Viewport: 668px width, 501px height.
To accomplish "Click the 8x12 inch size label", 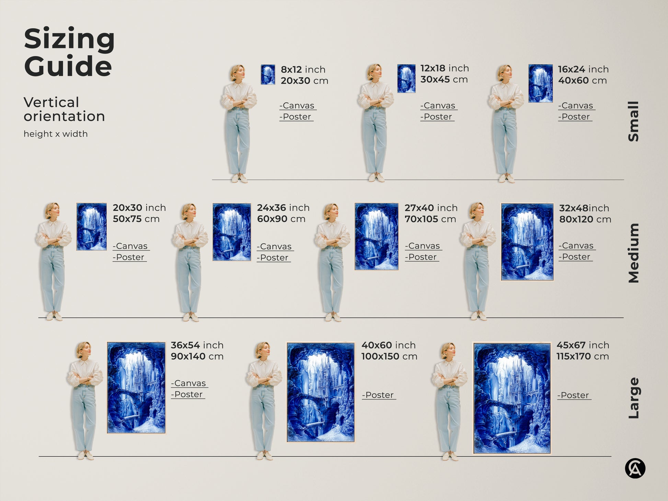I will (303, 69).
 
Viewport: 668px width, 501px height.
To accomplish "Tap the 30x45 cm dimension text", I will (444, 80).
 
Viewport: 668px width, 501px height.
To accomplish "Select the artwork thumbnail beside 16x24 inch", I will (540, 83).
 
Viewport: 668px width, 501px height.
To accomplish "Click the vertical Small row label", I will (633, 121).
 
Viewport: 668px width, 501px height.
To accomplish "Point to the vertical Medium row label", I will (633, 253).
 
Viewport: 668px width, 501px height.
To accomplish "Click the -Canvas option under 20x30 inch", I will (131, 246).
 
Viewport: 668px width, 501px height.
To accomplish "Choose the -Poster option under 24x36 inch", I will (274, 258).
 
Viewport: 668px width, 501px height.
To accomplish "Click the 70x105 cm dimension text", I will (430, 219).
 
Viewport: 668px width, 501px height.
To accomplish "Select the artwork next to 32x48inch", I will (527, 242).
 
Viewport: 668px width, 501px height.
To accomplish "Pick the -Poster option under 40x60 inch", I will (379, 395).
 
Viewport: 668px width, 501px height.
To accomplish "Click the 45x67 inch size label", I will (583, 345).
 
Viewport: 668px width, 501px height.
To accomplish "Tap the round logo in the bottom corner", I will (635, 468).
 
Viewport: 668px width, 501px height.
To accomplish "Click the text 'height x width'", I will (56, 134).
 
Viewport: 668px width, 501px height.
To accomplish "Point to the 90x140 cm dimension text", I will (197, 356).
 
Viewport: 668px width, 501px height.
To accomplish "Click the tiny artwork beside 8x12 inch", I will (268, 75).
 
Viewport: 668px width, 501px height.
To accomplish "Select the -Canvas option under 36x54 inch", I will (189, 383).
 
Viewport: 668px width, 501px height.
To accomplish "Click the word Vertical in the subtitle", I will (51, 102).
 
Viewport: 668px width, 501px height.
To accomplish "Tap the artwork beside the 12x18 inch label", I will (406, 78).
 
